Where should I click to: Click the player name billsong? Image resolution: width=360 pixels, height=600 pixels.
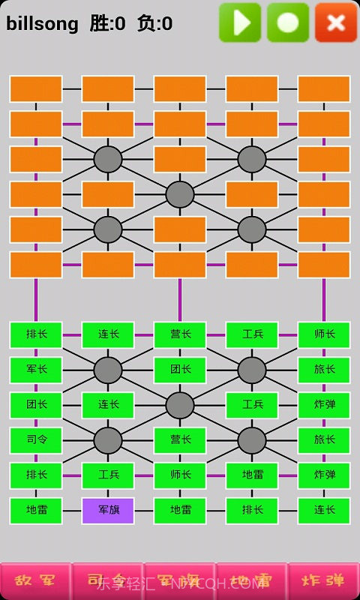pyautogui.click(x=42, y=24)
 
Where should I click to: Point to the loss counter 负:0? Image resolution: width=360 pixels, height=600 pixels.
pyautogui.click(x=154, y=24)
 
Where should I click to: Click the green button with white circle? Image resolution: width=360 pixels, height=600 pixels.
pyautogui.click(x=288, y=22)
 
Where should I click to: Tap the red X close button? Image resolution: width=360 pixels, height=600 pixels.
pyautogui.click(x=336, y=22)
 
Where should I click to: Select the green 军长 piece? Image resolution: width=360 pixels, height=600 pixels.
pyautogui.click(x=36, y=370)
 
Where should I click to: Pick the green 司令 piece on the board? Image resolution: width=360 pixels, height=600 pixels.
pyautogui.click(x=36, y=440)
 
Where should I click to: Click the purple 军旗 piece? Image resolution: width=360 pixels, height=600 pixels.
pyautogui.click(x=108, y=511)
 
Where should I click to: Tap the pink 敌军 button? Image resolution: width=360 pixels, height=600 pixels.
pyautogui.click(x=35, y=581)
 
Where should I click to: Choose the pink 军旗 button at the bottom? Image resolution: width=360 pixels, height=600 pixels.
pyautogui.click(x=179, y=581)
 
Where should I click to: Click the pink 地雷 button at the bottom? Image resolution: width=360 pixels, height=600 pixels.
pyautogui.click(x=251, y=581)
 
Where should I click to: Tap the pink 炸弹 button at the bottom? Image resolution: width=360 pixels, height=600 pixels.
pyautogui.click(x=323, y=581)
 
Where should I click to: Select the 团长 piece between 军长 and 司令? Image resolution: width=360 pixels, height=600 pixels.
pyautogui.click(x=36, y=405)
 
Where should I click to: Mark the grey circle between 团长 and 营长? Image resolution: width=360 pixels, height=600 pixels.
pyautogui.click(x=180, y=405)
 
